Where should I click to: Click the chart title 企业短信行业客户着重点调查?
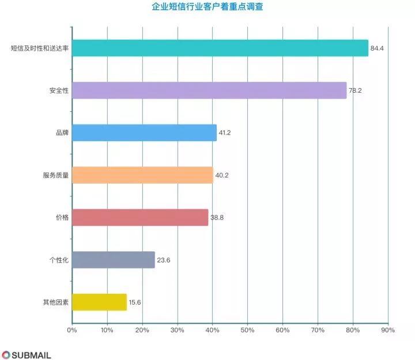pos(207,7)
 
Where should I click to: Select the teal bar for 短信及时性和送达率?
pos(220,48)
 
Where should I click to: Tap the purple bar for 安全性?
pos(209,90)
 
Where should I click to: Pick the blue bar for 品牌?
pos(144,133)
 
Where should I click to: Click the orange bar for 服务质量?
pos(142,175)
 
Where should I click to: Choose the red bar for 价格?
pos(139,217)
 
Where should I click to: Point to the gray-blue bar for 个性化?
pos(113,260)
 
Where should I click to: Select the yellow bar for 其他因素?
pos(99,302)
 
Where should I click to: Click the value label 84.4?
pos(377,48)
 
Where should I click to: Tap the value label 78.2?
pos(355,90)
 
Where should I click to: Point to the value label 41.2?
pos(225,133)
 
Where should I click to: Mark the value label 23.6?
pos(163,260)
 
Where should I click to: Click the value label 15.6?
pos(135,302)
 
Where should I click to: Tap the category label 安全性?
pos(59,90)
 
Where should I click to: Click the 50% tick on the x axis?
pos(247,330)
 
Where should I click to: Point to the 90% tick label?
pos(388,330)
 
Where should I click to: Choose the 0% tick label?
pos(71,330)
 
